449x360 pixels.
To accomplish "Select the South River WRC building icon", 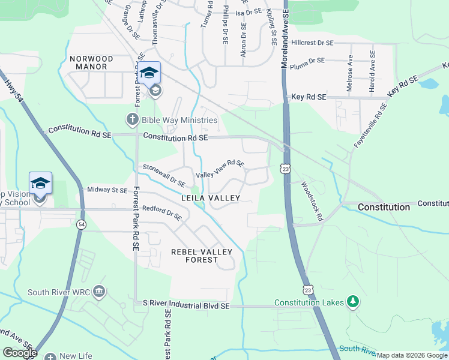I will [99, 293].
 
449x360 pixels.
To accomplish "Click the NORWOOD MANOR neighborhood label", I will [91, 63].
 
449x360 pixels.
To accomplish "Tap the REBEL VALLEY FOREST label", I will [202, 256].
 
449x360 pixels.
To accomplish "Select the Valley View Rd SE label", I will [220, 167].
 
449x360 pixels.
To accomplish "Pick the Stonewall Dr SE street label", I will [163, 174].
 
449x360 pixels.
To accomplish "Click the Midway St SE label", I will [107, 190].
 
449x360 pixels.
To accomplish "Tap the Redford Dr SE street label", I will [161, 213].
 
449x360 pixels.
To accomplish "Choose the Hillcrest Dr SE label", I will [312, 43].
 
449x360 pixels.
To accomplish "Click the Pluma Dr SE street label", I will [307, 61].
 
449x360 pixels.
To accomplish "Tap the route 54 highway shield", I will [81, 224].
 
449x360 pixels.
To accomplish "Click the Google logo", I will [20, 353].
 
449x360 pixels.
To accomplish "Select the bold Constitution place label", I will [384, 207].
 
